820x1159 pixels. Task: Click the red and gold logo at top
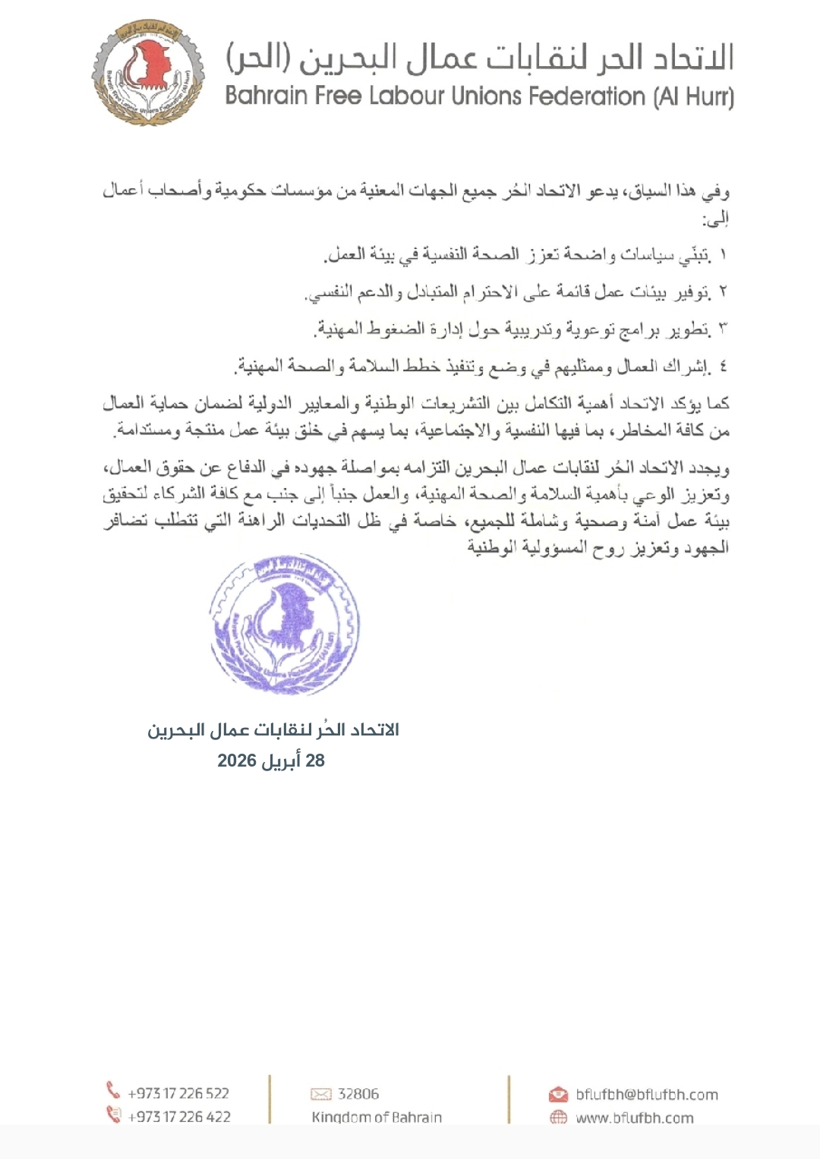148,74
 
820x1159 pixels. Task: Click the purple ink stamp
284,625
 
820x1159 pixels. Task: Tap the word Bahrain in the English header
266,97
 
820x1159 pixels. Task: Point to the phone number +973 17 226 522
178,1093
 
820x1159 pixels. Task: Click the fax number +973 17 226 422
179,1116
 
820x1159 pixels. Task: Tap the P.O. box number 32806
358,1094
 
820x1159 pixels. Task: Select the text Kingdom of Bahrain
377,1117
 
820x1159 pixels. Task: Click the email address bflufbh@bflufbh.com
647,1094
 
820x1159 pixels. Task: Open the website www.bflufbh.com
635,1118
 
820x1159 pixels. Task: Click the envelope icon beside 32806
321,1094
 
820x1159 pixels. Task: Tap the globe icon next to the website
558,1117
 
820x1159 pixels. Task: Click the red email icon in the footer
558,1094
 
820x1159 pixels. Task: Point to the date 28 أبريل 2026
271,761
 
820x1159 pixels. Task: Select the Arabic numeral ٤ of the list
722,367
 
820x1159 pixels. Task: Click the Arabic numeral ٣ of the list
722,329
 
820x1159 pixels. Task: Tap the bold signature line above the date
273,730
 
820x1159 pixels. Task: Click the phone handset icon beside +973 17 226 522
113,1091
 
